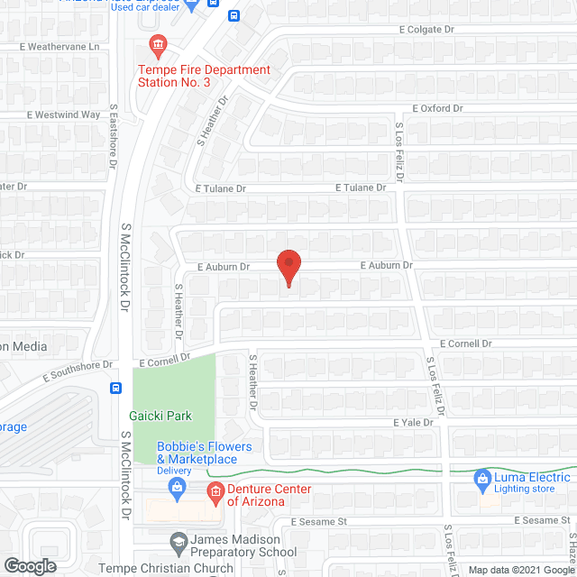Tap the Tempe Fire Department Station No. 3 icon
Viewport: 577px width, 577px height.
(159, 44)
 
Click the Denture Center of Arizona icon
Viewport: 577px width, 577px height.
(215, 491)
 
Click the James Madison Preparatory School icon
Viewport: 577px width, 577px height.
(179, 542)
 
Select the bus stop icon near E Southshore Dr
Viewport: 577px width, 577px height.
(115, 389)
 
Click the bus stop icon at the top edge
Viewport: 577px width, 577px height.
(234, 14)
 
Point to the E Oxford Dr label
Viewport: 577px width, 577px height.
(437, 108)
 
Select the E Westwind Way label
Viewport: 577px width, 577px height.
(63, 114)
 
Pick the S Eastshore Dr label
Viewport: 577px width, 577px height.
(114, 135)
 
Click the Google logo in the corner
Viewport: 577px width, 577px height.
(29, 565)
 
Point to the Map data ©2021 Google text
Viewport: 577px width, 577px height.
(521, 571)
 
